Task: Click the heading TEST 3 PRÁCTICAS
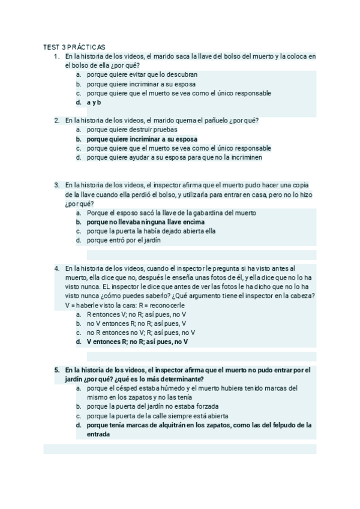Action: coord(74,47)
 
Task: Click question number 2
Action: coord(56,120)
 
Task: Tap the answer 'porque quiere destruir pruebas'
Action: coord(131,129)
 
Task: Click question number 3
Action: coord(56,185)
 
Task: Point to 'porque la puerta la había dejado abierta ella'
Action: coord(151,230)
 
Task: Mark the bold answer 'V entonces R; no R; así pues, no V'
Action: coord(137,342)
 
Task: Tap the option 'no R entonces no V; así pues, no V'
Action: coord(140,333)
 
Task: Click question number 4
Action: coord(56,268)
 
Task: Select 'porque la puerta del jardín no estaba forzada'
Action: coord(152,406)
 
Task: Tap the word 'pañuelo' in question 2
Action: coord(212,120)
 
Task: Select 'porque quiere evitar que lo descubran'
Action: coord(142,74)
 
